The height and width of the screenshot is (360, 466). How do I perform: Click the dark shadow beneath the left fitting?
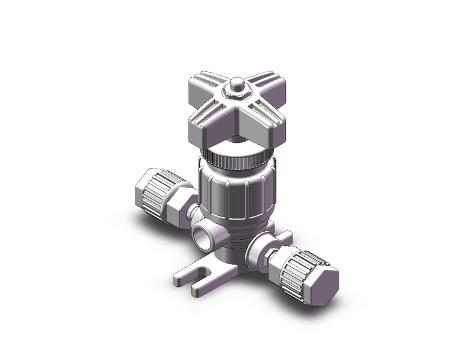point(147,215)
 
